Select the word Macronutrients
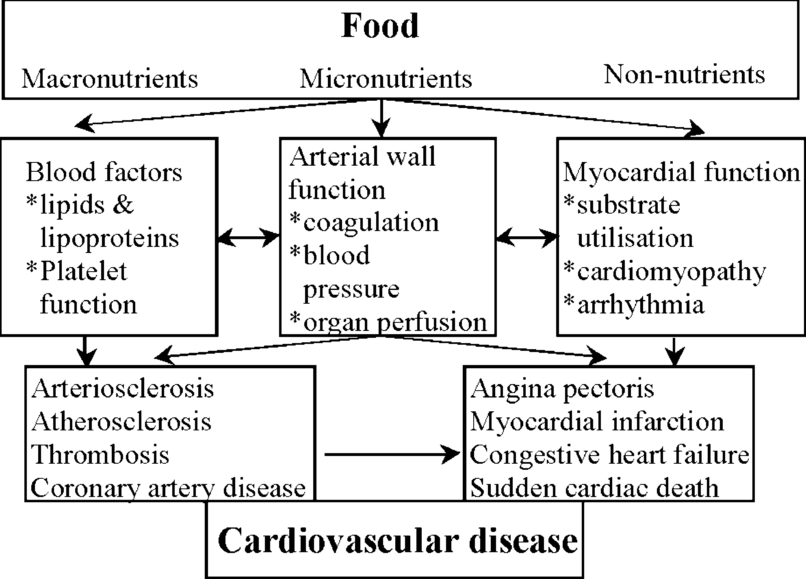pos(110,78)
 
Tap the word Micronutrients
pos(386,78)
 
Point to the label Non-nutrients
pos(685,75)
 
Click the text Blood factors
pos(104,172)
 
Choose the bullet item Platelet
pos(77,271)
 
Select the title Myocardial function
pos(682,172)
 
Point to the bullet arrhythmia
pos(634,305)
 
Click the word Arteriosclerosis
pos(123,389)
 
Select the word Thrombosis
pos(100,454)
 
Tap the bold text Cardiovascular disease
pos(398,541)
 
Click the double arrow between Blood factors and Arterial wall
pos(249,237)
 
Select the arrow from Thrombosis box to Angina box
pos(392,454)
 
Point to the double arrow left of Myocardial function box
pos(526,237)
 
